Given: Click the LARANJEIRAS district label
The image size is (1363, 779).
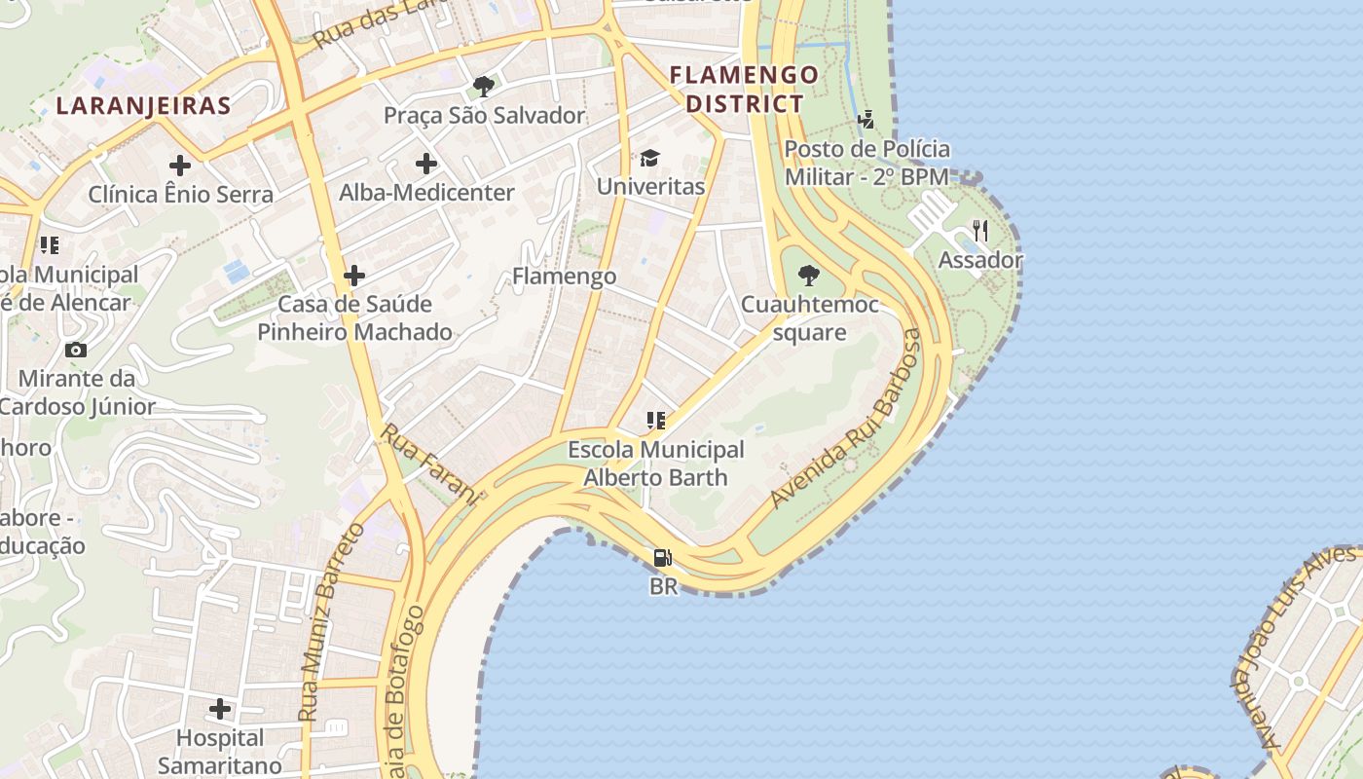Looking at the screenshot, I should [x=143, y=105].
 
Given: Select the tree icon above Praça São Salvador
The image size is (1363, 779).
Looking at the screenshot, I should [x=483, y=86].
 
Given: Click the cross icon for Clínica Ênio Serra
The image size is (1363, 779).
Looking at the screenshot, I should [x=180, y=165].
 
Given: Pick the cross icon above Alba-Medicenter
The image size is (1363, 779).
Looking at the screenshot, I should [x=426, y=164].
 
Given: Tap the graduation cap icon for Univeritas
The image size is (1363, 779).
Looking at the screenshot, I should [x=649, y=158].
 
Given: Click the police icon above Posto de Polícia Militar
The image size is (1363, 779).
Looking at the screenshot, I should [x=866, y=120].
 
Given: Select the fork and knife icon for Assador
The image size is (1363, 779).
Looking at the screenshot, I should [x=980, y=231].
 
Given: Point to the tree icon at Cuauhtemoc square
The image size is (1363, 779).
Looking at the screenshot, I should [x=808, y=276].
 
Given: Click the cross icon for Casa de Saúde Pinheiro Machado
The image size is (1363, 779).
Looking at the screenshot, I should [x=354, y=276].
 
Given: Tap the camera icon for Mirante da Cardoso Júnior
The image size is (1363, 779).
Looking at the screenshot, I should [x=75, y=350].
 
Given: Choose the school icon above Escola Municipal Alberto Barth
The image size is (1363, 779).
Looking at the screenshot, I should [x=656, y=421].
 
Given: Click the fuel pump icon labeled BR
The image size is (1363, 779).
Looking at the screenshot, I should [x=663, y=558].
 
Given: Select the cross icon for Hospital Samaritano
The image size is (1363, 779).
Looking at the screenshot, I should [x=221, y=708].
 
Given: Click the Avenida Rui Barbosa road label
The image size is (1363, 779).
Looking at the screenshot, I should [x=845, y=419].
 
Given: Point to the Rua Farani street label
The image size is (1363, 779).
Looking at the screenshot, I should [x=431, y=464].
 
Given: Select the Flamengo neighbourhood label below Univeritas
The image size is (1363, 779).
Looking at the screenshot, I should [x=564, y=277].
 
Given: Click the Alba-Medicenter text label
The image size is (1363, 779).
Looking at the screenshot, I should [x=426, y=193].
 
